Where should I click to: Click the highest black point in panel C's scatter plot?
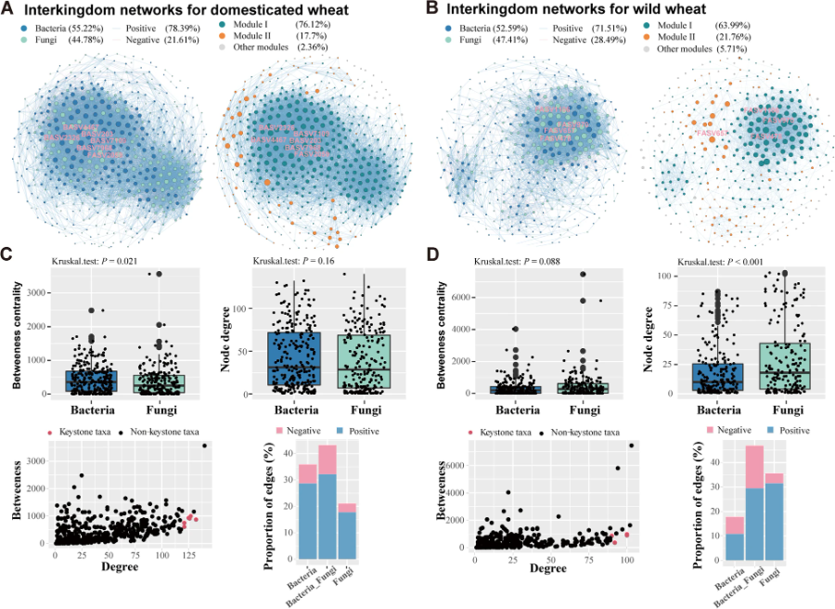click(204, 446)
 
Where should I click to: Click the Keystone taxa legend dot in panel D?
click(470, 432)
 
